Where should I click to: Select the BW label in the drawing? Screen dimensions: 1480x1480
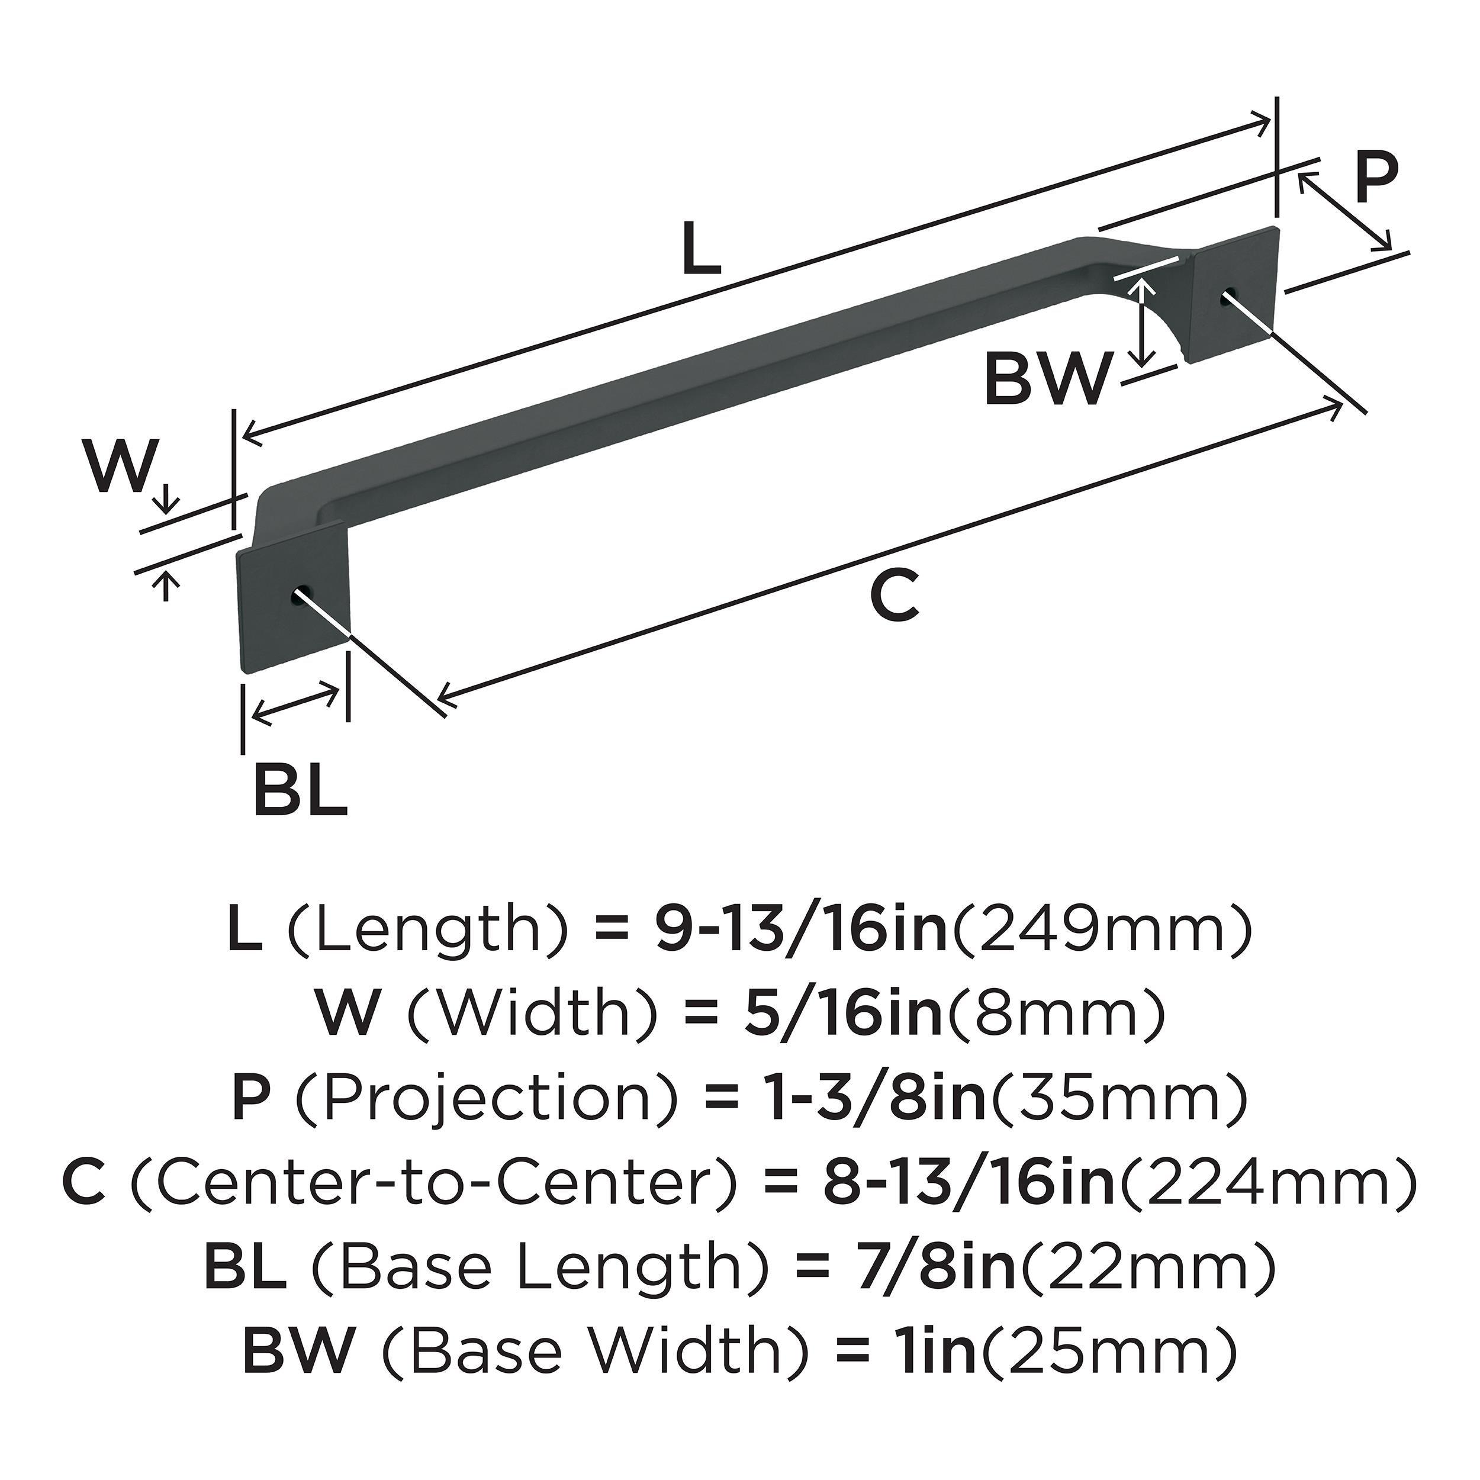[x=1047, y=378]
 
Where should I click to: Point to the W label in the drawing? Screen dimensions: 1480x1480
[x=117, y=465]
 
